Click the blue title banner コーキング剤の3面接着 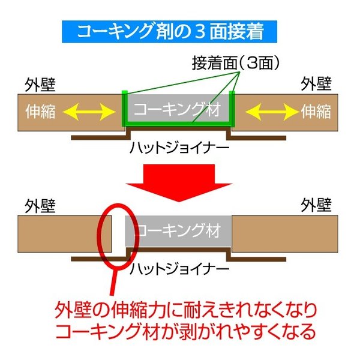click(x=169, y=31)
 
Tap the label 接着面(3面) click(x=236, y=63)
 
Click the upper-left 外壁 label click(x=40, y=85)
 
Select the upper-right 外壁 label click(x=316, y=83)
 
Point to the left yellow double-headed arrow click(x=89, y=112)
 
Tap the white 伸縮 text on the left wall click(x=41, y=112)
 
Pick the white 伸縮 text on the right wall click(x=316, y=112)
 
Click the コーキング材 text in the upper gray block click(x=177, y=109)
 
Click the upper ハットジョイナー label click(x=179, y=148)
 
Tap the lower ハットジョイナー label click(x=179, y=269)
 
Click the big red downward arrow click(x=179, y=183)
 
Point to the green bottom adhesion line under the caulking click(x=178, y=124)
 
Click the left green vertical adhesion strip click(x=124, y=109)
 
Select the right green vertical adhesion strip click(x=232, y=109)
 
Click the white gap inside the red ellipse click(x=118, y=232)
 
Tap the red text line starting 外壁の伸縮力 click(x=186, y=311)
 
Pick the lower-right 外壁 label click(x=316, y=205)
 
